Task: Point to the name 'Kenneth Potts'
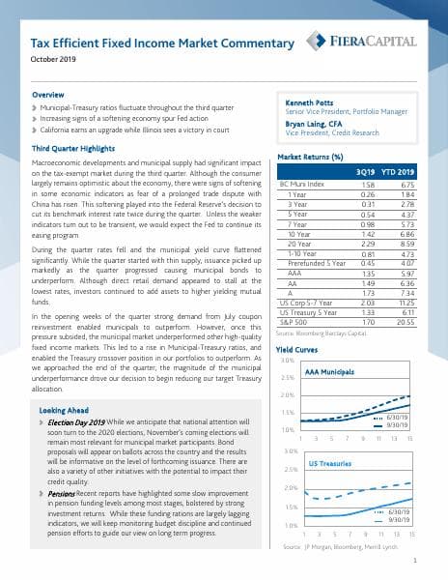tap(308, 101)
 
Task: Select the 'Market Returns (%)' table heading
tap(311, 157)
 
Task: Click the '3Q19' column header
tap(366, 171)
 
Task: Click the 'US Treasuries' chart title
tap(324, 465)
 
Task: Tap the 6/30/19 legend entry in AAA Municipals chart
tap(400, 417)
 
